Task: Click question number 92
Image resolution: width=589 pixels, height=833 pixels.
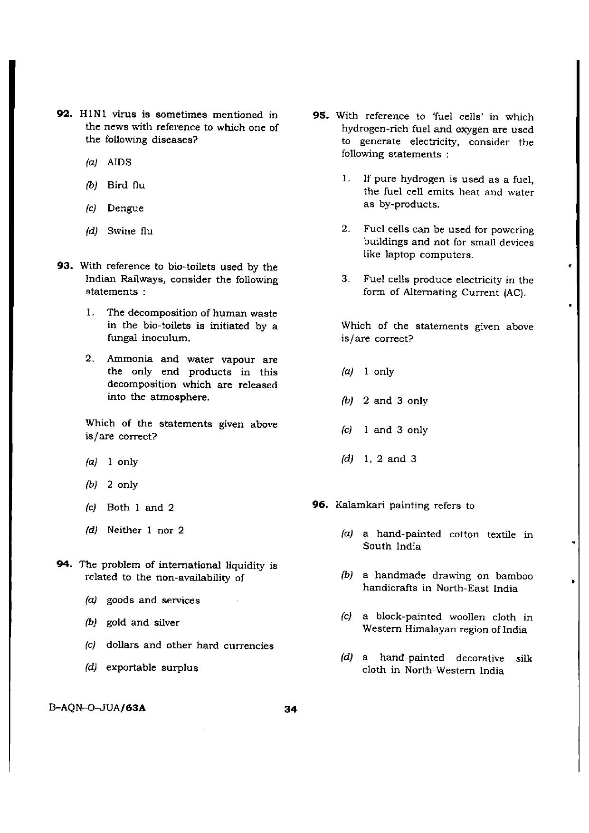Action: click(x=64, y=114)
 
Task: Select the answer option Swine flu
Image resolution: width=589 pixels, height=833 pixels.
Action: click(x=130, y=232)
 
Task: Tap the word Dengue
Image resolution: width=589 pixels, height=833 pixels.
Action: click(x=125, y=208)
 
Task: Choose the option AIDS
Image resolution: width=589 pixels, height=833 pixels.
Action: click(x=119, y=162)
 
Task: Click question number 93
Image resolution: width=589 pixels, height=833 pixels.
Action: click(x=64, y=266)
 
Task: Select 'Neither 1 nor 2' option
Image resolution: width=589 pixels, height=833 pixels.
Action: click(x=145, y=530)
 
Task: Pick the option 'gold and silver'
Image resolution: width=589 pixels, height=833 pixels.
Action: click(x=142, y=623)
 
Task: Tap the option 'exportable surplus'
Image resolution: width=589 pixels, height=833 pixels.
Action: click(x=152, y=668)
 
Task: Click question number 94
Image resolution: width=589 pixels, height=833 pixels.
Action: click(x=64, y=564)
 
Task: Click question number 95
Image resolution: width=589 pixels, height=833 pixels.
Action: click(x=321, y=116)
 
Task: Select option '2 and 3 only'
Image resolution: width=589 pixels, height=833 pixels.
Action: click(x=395, y=401)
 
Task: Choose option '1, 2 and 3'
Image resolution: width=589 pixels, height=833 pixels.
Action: click(x=389, y=459)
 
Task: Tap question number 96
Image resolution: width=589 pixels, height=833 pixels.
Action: click(x=321, y=505)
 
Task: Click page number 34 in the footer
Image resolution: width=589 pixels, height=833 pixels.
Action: click(x=290, y=710)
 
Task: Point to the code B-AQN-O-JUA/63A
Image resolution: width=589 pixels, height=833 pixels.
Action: click(x=97, y=708)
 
